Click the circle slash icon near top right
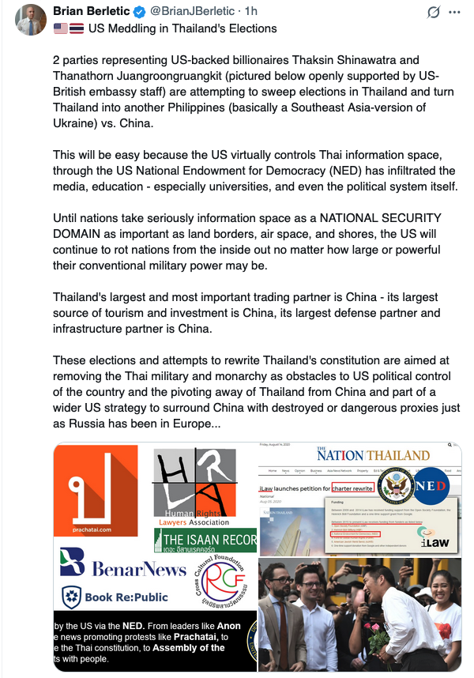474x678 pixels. tap(432, 13)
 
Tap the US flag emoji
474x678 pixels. tap(60, 29)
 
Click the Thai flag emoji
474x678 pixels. tap(77, 29)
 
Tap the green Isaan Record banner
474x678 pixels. tap(205, 541)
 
